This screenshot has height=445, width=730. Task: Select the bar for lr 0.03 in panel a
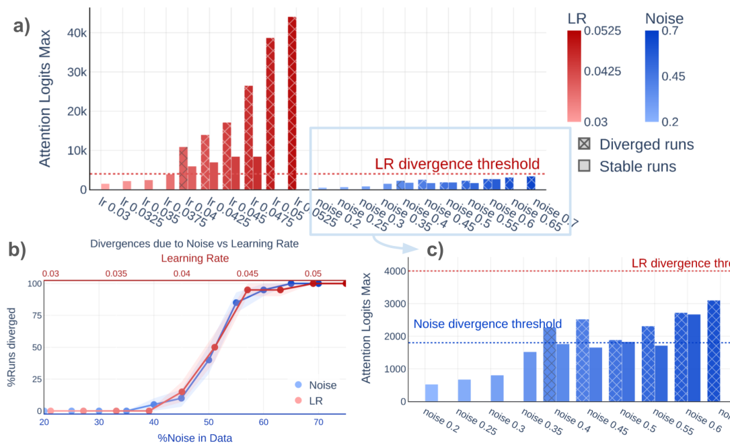click(105, 186)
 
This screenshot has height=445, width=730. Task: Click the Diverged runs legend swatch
click(584, 144)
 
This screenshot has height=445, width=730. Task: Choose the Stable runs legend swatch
click(584, 165)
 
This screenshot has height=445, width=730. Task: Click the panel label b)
click(17, 249)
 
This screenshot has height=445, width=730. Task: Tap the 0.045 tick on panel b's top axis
click(247, 274)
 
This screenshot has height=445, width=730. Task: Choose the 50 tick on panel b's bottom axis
click(209, 422)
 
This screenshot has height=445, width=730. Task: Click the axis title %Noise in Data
click(194, 437)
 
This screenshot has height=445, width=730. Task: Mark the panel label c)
click(435, 251)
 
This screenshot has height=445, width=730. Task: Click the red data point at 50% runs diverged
click(215, 348)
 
